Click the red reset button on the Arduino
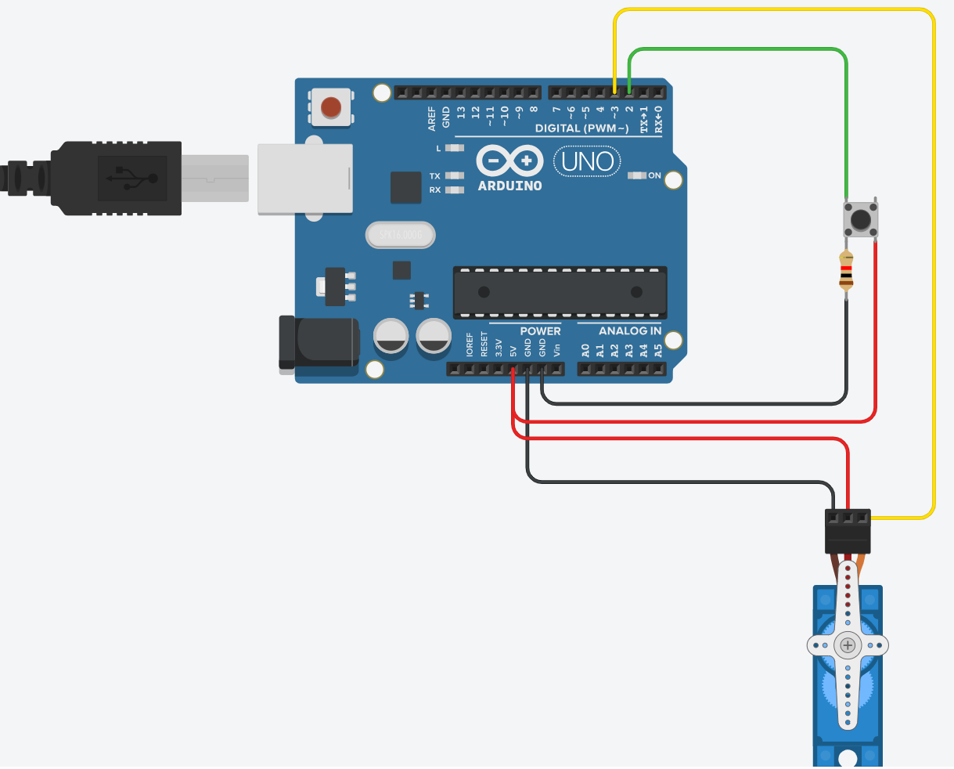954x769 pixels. coord(332,107)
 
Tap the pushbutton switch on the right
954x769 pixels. coord(861,218)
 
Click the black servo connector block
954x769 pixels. coord(848,532)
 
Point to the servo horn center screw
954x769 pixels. coord(848,645)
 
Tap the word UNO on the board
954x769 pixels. coord(587,162)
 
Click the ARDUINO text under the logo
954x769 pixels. coord(509,186)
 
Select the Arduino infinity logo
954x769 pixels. coord(509,161)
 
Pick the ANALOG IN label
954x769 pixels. coord(630,331)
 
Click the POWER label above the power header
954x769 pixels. coord(540,331)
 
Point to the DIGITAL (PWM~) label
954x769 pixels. coord(581,128)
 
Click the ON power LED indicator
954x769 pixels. coord(638,175)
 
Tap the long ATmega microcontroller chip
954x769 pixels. coord(560,292)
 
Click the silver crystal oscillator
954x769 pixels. coord(400,235)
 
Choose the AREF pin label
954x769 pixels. coord(432,117)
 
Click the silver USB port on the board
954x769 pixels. coord(305,179)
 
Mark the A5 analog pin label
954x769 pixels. coord(658,350)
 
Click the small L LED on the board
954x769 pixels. coord(454,147)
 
